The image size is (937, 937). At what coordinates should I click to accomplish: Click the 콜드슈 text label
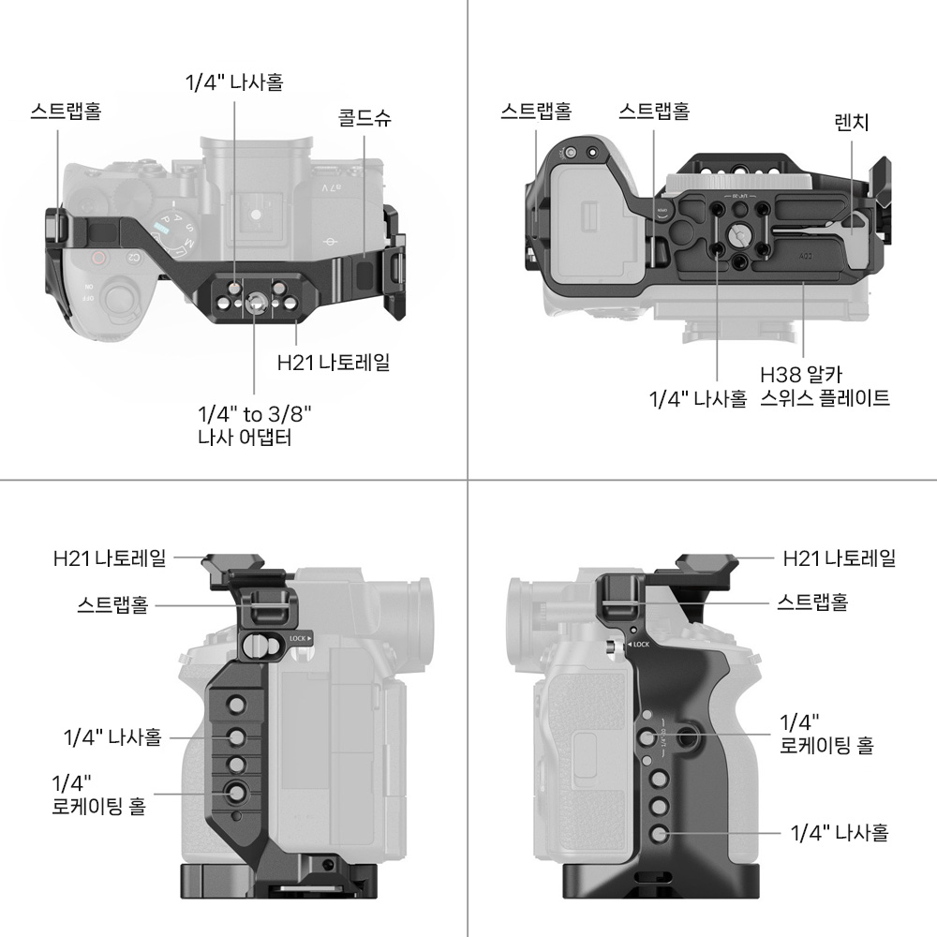(x=364, y=118)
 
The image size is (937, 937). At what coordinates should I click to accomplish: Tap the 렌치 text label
(x=852, y=122)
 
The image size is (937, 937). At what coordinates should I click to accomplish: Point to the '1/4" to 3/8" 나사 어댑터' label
(x=255, y=424)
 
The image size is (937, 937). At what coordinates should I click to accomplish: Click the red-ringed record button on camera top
(x=97, y=260)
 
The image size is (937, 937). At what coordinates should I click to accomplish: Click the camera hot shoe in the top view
(x=256, y=215)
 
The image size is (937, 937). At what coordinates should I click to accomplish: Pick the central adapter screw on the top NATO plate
(x=255, y=301)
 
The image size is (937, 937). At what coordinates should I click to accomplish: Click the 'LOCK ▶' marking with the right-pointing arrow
(x=300, y=638)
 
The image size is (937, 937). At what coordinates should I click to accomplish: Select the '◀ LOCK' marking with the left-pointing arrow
(x=637, y=645)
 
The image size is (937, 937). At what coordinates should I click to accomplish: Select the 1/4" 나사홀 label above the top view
(x=234, y=82)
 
